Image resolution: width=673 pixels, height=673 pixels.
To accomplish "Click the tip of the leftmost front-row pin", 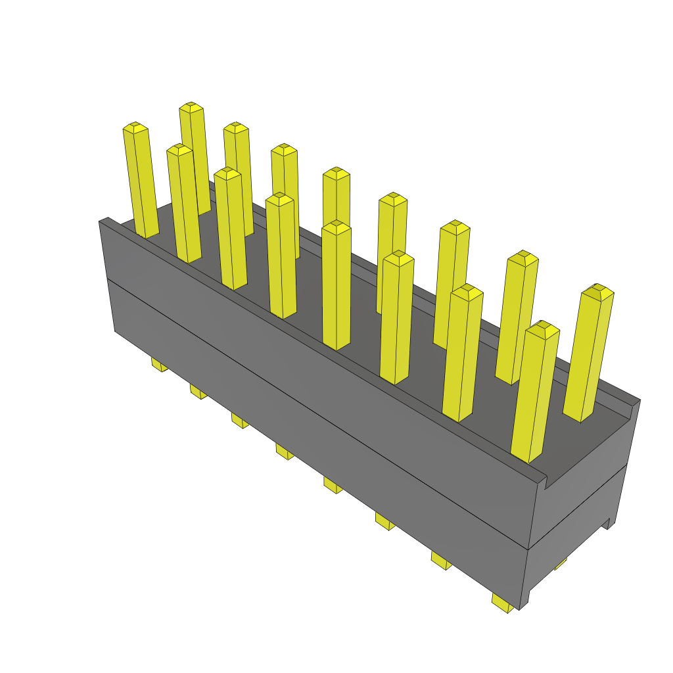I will pos(135,128).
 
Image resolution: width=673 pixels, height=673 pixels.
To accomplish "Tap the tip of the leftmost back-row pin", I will pos(191,107).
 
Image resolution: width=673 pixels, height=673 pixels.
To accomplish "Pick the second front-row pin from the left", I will pos(183,204).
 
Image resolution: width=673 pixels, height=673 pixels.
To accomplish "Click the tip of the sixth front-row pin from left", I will pos(398,257).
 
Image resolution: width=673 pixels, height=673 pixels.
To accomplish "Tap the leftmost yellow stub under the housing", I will pos(159,364).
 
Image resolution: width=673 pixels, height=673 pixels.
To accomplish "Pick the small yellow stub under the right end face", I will pos(561,563).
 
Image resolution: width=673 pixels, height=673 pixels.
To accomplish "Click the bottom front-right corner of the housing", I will pos(521,609).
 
